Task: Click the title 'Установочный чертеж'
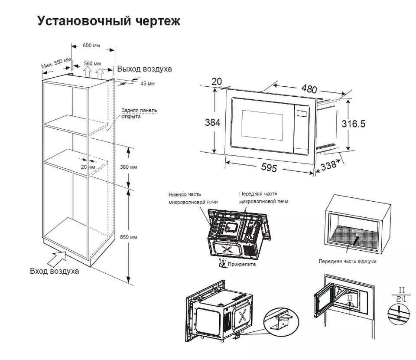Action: tap(109, 21)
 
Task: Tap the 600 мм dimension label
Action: tap(91, 46)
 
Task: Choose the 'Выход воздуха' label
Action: tap(144, 69)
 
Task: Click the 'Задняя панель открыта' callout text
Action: tap(139, 114)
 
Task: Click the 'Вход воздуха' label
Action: tap(55, 271)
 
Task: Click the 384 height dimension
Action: tap(213, 123)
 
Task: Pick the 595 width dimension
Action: tap(269, 167)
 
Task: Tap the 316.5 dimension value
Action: tap(354, 124)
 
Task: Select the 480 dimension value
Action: tap(309, 89)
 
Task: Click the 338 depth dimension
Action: tap(328, 166)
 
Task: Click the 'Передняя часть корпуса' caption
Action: tap(348, 261)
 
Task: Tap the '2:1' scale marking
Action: tap(401, 299)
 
